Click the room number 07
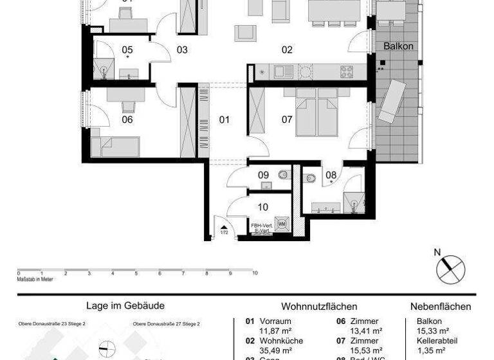[287, 120]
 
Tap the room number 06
[127, 120]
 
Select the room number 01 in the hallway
[224, 120]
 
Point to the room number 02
[287, 50]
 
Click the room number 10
[263, 207]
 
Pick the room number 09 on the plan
[263, 175]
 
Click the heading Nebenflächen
[441, 307]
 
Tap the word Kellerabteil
[432, 341]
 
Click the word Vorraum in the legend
[275, 321]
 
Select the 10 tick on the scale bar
[255, 273]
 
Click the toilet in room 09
[282, 175]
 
